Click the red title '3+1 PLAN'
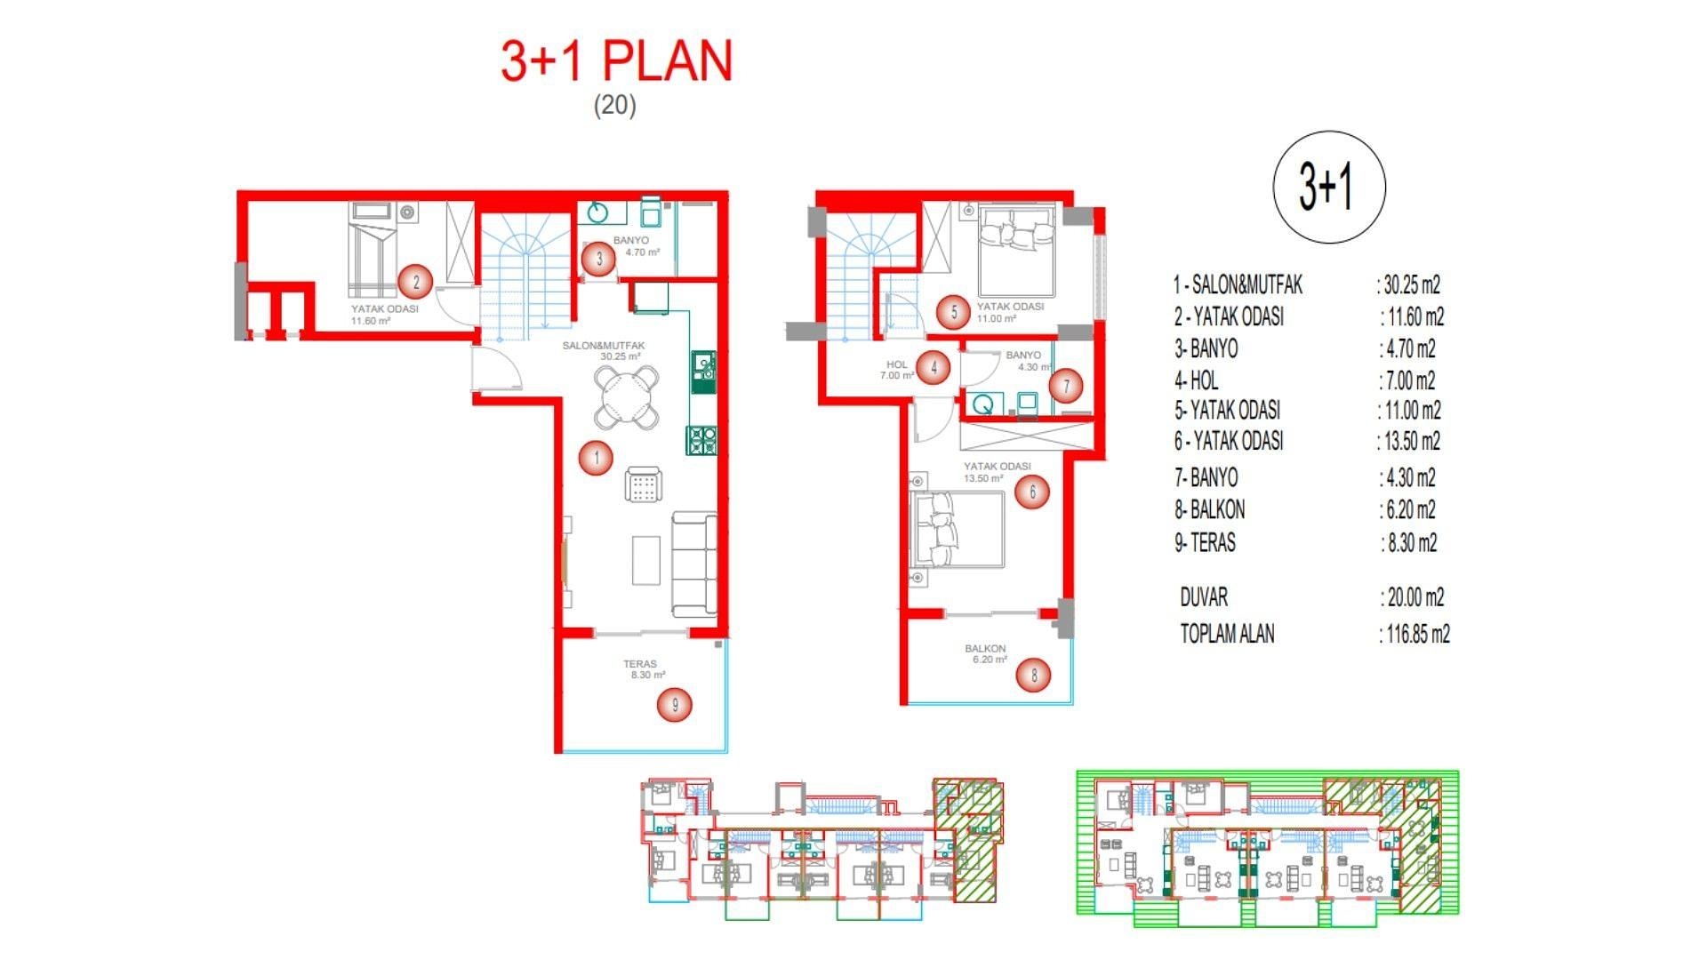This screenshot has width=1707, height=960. click(x=616, y=62)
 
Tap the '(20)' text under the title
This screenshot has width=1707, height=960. click(x=614, y=105)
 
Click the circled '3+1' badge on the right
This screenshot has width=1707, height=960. click(x=1329, y=187)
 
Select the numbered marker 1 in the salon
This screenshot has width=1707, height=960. click(x=596, y=458)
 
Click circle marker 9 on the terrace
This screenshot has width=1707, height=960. click(x=675, y=705)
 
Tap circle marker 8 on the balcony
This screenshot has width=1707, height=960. click(x=1033, y=675)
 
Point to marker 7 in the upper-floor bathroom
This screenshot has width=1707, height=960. click(x=1066, y=385)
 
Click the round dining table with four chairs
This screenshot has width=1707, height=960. click(x=627, y=397)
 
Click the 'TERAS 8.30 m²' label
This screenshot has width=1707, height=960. click(x=643, y=669)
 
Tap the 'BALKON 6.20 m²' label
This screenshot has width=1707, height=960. click(x=986, y=654)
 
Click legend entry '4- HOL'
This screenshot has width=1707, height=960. click(x=1197, y=380)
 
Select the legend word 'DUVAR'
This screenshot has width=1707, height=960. click(x=1204, y=597)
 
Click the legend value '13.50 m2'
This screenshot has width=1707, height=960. click(x=1412, y=441)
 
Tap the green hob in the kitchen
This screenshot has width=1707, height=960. click(x=701, y=441)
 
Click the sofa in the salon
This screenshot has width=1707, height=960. click(x=694, y=564)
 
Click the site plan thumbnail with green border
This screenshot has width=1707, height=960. click(x=1267, y=849)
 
